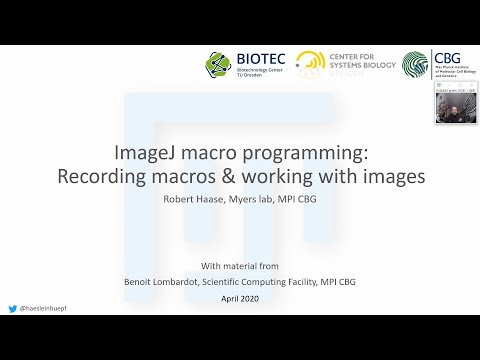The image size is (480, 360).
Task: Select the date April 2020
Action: pos(239,299)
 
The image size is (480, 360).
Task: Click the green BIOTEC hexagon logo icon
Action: pos(218,65)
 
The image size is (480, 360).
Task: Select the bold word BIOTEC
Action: pos(256,59)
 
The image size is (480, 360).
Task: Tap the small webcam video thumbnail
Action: pos(455,103)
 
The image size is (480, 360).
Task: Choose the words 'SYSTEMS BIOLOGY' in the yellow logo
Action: pos(358,67)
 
